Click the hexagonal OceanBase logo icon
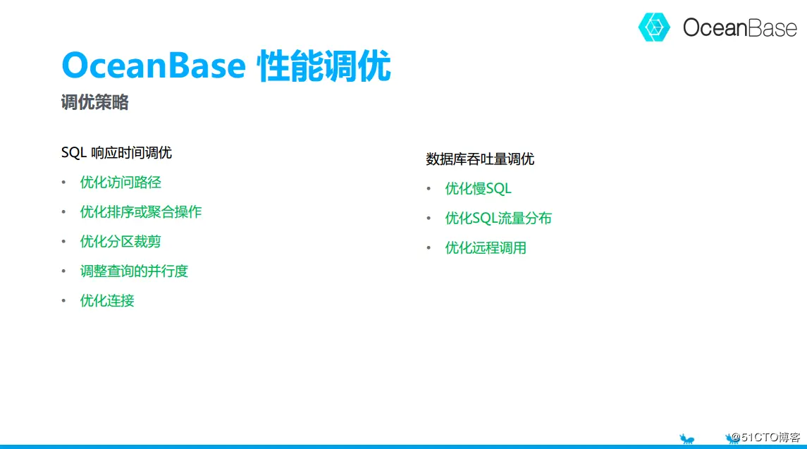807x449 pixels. pos(654,27)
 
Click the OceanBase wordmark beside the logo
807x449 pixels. pos(739,27)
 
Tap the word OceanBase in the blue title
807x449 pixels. pos(154,66)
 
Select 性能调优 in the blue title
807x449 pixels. pos(324,66)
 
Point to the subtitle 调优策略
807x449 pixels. pos(94,102)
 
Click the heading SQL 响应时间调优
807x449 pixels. pos(116,152)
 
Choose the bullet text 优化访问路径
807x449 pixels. pos(121,183)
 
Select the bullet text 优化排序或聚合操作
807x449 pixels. pos(140,211)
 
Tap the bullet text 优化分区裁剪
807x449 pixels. pos(121,242)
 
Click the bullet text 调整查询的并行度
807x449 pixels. pos(134,271)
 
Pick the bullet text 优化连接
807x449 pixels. pos(107,301)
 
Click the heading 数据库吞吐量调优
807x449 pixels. pos(480,159)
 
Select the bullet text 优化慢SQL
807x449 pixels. pos(478,188)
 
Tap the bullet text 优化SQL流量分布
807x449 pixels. pos(498,219)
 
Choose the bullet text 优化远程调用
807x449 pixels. pos(486,247)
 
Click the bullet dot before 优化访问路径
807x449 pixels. pos(64,183)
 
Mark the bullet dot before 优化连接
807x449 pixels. pos(64,301)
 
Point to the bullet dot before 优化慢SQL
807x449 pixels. pos(429,189)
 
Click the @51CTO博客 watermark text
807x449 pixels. pos(765,437)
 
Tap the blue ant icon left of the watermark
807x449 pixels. pos(686,438)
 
